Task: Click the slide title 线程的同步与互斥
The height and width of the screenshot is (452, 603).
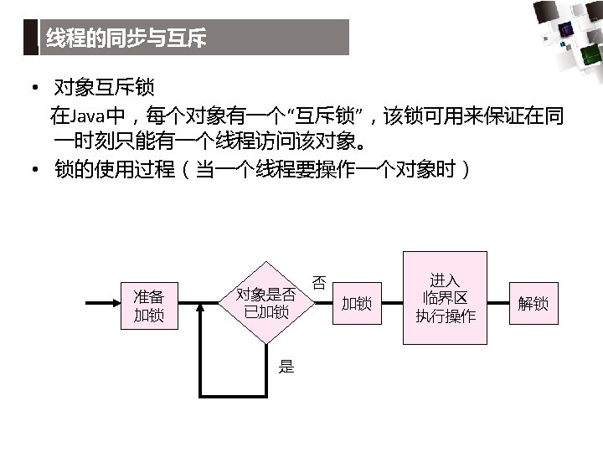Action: point(126,38)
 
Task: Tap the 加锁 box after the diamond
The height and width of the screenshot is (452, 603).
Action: point(357,303)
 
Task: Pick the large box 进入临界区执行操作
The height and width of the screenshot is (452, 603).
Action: point(445,298)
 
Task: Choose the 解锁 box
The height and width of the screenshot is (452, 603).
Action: point(533,303)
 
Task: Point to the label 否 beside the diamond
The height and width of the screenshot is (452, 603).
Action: point(319,283)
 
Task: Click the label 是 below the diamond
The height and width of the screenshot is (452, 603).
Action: point(286,366)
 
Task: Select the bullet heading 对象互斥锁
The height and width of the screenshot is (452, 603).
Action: point(104,87)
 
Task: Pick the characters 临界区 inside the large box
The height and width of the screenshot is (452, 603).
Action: point(445,298)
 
